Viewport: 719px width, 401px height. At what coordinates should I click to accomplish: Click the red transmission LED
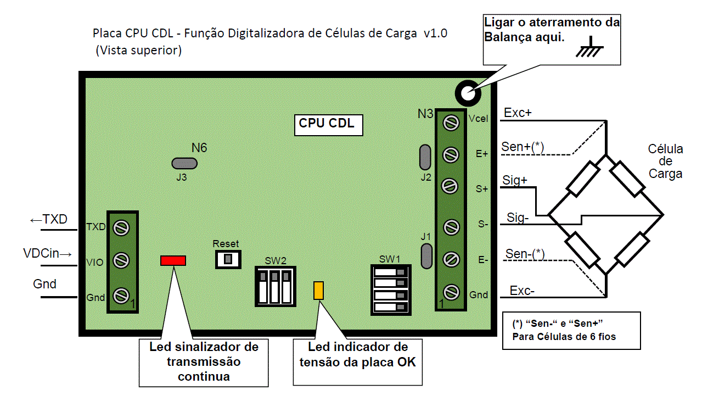(x=173, y=260)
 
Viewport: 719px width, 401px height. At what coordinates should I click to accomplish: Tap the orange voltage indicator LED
(x=318, y=291)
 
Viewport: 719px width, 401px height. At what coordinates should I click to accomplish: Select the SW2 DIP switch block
(x=275, y=286)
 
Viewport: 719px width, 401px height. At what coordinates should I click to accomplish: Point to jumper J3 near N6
(x=184, y=163)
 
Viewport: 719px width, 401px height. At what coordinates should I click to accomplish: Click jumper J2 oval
(x=425, y=158)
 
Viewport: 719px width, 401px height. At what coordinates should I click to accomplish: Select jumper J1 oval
(x=425, y=256)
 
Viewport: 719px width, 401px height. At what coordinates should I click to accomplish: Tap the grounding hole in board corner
(x=468, y=93)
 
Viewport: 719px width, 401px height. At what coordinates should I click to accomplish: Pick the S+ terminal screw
(x=451, y=187)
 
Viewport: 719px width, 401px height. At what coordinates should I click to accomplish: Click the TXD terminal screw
(x=121, y=226)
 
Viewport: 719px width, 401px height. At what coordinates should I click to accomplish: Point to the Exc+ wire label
(x=518, y=113)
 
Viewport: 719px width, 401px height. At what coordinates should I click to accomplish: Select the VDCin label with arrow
(x=48, y=254)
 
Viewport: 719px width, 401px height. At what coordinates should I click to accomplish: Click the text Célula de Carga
(x=665, y=161)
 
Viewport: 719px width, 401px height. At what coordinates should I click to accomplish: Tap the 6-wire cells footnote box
(x=571, y=330)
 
